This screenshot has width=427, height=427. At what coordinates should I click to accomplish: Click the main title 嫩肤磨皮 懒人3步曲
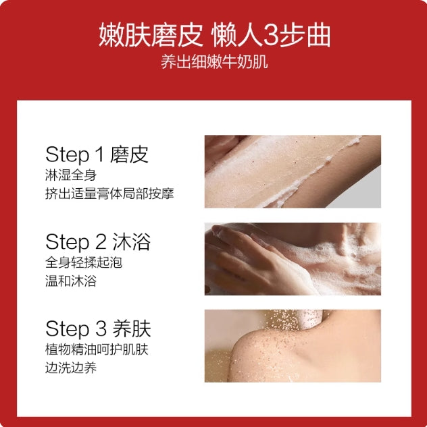pyautogui.click(x=214, y=34)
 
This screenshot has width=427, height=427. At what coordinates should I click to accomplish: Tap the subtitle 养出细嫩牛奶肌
pyautogui.click(x=214, y=62)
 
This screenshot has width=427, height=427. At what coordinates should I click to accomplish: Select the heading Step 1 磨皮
pyautogui.click(x=97, y=154)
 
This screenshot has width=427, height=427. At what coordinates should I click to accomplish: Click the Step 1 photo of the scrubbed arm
pyautogui.click(x=293, y=171)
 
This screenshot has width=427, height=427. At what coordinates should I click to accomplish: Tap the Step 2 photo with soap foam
pyautogui.click(x=293, y=259)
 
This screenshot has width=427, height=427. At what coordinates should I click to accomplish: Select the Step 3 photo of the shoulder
pyautogui.click(x=293, y=346)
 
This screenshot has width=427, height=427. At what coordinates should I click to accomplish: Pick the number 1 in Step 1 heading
pyautogui.click(x=99, y=155)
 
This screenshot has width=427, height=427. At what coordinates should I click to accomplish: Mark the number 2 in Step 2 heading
pyautogui.click(x=100, y=243)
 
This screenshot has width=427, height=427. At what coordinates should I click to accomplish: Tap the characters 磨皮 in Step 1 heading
pyautogui.click(x=132, y=154)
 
